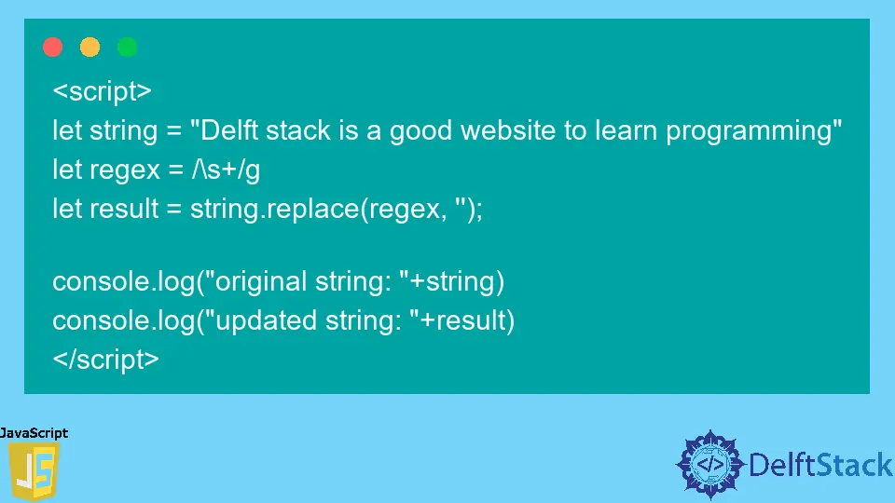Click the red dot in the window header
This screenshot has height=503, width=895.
click(x=53, y=47)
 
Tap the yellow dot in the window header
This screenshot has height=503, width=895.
click(x=90, y=47)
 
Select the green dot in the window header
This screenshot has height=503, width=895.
click(x=128, y=47)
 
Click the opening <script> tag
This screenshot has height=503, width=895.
click(x=102, y=92)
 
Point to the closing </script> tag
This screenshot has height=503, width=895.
click(x=105, y=360)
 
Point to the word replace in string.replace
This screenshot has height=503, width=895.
click(x=310, y=210)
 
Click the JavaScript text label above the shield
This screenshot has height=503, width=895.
click(x=34, y=433)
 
